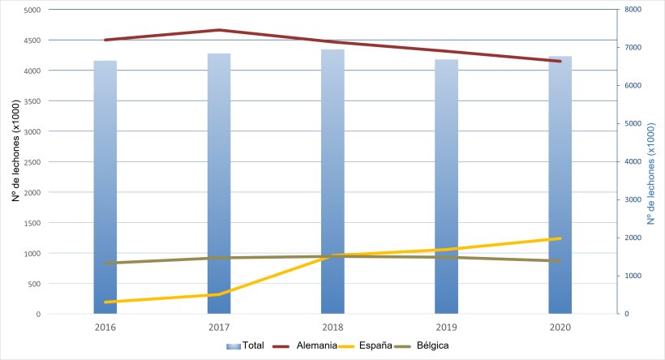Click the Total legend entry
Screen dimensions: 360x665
coord(252,345)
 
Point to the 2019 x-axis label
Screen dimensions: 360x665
coord(446,327)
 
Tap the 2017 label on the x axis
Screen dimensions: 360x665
coord(219,327)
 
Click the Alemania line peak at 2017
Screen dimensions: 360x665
coord(219,30)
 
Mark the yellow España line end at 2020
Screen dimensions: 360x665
coord(560,238)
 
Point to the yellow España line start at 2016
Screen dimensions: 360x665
coord(105,302)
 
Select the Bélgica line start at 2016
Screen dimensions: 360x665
coord(105,263)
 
